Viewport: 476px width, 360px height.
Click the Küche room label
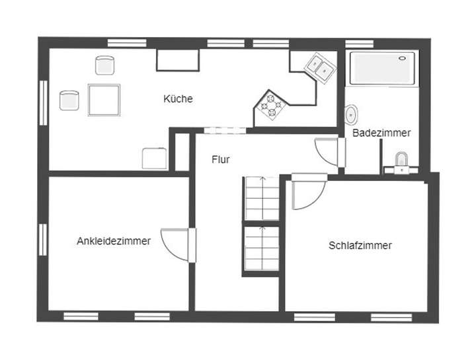(x=178, y=99)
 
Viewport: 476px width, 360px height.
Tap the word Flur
(x=221, y=159)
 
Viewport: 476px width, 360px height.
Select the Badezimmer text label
(x=381, y=133)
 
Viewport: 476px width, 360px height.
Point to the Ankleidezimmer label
(x=113, y=241)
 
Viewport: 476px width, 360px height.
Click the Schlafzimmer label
(x=360, y=246)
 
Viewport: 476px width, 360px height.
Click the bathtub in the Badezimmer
(x=383, y=69)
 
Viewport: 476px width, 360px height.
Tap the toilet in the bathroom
(x=401, y=161)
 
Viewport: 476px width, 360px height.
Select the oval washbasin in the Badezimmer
(x=352, y=114)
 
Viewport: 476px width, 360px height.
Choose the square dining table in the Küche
(x=104, y=100)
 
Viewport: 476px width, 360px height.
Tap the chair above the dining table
(x=104, y=65)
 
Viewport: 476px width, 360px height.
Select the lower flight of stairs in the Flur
(x=262, y=248)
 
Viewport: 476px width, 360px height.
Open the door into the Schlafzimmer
(x=307, y=192)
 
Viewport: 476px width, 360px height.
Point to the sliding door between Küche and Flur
(x=216, y=130)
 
